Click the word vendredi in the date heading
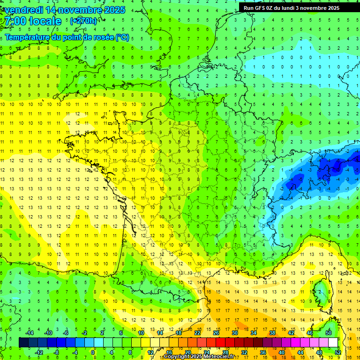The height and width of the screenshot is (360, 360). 24,10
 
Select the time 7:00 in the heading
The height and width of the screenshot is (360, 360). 15,21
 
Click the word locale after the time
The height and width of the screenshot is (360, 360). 45,21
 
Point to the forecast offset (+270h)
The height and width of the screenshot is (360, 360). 83,21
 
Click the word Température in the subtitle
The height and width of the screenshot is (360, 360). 28,37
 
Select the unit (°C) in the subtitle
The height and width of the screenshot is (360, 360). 122,37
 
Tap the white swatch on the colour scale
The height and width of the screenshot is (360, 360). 333,343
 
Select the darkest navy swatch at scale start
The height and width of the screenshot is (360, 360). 23,343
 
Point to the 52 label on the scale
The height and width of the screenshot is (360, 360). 338,352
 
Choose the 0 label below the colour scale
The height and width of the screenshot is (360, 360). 93,352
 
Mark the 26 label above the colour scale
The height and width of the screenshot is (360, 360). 216,333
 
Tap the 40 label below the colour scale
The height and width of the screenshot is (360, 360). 282,352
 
